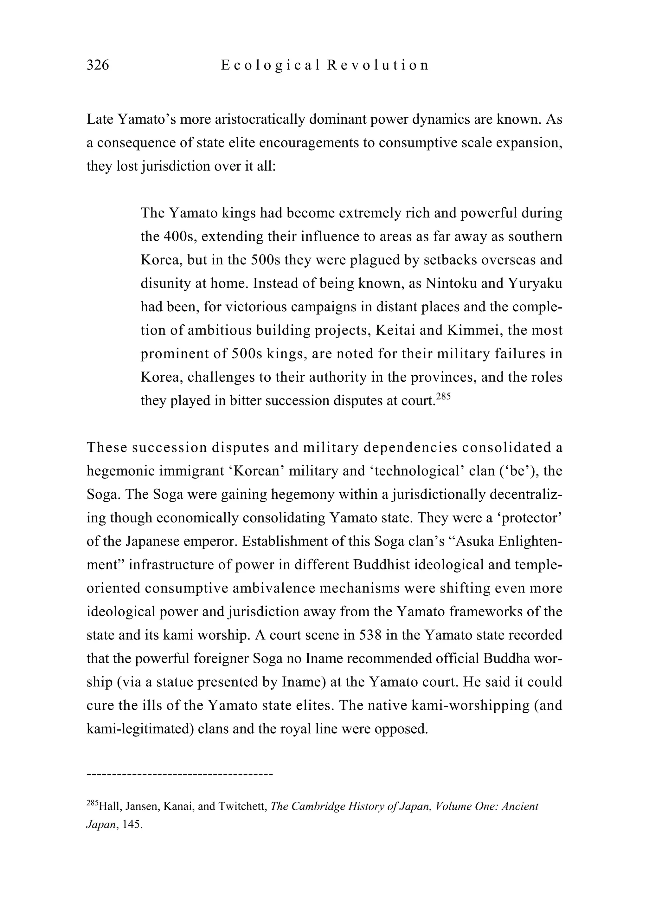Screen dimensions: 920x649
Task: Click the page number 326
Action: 98,65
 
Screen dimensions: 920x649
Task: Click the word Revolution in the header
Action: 378,65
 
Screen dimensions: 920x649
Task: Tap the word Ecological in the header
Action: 270,65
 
